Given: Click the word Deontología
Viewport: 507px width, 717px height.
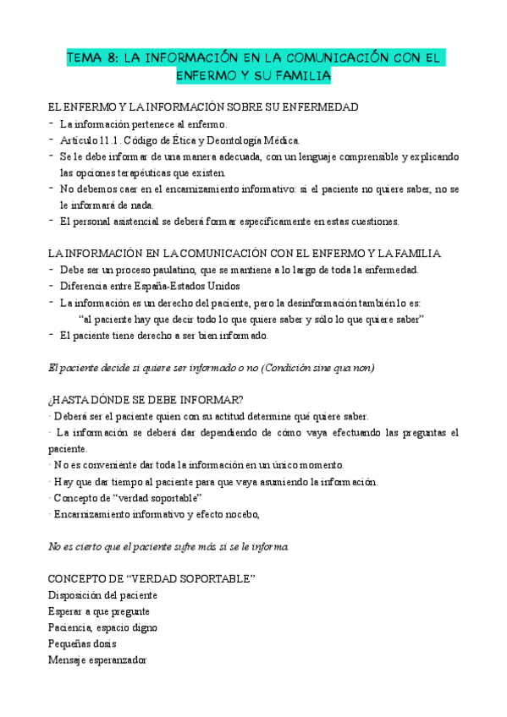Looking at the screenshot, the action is [x=232, y=140].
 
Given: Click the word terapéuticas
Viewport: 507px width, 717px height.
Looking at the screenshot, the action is [x=142, y=172].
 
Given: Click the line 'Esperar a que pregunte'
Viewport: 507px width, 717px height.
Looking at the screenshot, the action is [x=99, y=611].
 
